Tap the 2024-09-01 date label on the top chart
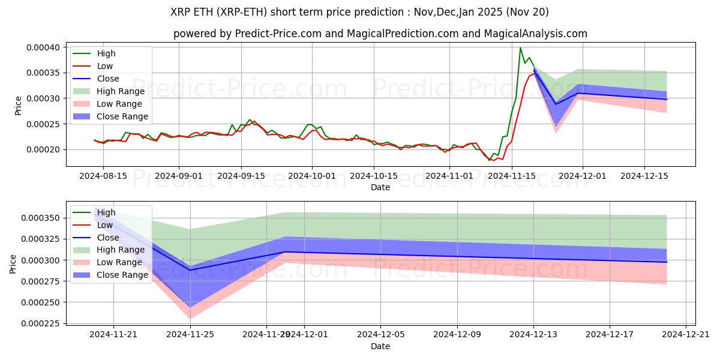(x=178, y=176)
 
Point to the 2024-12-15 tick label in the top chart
(x=644, y=176)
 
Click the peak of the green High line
(x=520, y=48)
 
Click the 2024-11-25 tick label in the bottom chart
(x=190, y=334)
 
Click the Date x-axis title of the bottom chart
(x=380, y=346)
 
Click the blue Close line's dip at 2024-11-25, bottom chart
(x=190, y=270)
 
